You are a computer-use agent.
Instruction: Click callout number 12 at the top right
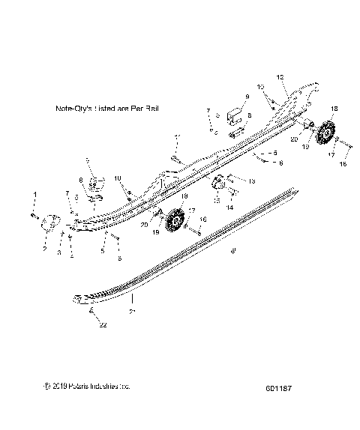(x=280, y=76)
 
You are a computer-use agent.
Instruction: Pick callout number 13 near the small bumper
(x=231, y=181)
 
